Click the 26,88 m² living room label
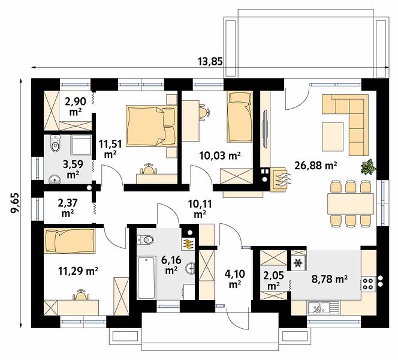(316, 166)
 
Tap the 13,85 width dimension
(210, 61)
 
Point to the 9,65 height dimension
(15, 203)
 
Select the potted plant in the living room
(368, 167)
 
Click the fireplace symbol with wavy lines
(280, 179)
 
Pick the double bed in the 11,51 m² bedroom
(152, 126)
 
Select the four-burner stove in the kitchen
(368, 284)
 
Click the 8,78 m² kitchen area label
(330, 279)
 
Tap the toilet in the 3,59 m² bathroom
(55, 143)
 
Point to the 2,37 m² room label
(68, 208)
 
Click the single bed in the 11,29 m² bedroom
(70, 241)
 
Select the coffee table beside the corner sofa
(333, 136)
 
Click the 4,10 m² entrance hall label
(235, 279)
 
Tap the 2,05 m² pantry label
(273, 280)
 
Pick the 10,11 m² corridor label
(200, 209)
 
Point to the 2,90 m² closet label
(76, 106)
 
